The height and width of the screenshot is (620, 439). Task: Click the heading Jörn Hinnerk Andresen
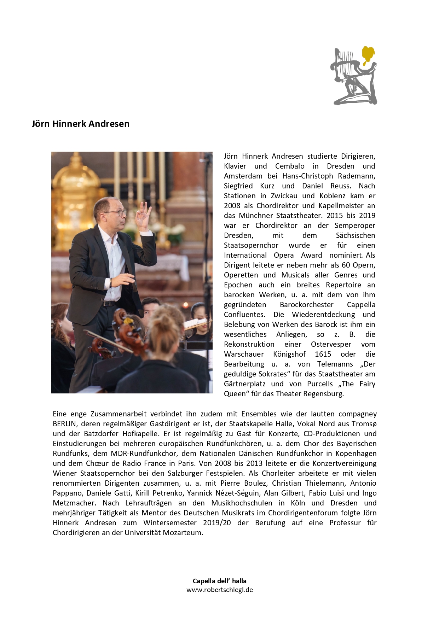(x=80, y=124)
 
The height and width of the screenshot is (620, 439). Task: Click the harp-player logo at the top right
(x=354, y=76)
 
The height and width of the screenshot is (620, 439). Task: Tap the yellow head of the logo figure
(x=368, y=54)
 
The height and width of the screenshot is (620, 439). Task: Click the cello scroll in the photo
(x=120, y=316)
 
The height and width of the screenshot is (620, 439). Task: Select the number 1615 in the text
(x=323, y=354)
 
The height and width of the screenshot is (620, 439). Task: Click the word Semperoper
(x=355, y=226)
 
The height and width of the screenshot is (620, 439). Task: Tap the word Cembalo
(x=290, y=166)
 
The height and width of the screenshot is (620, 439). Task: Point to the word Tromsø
(x=364, y=424)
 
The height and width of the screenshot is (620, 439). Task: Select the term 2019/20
(x=217, y=523)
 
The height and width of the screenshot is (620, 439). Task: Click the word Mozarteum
(x=183, y=533)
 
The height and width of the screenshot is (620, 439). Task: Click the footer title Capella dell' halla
(x=219, y=581)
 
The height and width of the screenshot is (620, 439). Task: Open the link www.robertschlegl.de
(x=219, y=590)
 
